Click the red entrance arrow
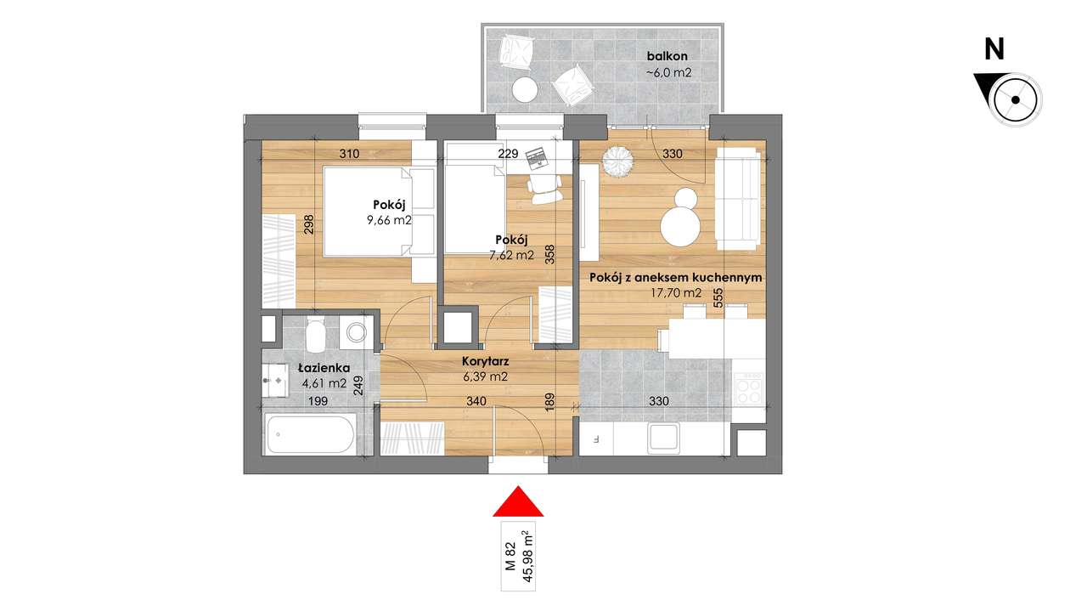pyautogui.click(x=518, y=502)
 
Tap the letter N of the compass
pyautogui.click(x=994, y=50)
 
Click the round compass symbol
pyautogui.click(x=1014, y=98)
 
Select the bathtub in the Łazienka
pyautogui.click(x=309, y=434)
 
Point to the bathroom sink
pyautogui.click(x=275, y=378)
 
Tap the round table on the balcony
pyautogui.click(x=525, y=88)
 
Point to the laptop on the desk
pyautogui.click(x=536, y=156)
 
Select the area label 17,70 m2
pyautogui.click(x=671, y=293)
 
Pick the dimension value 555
pyautogui.click(x=718, y=298)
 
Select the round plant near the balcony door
pyautogui.click(x=615, y=159)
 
